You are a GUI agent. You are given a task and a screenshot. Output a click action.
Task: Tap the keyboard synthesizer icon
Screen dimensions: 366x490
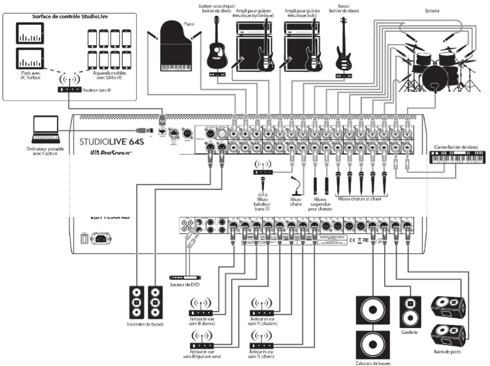click(456, 157)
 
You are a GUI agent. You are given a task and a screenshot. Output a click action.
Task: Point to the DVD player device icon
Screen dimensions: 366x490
click(185, 278)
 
